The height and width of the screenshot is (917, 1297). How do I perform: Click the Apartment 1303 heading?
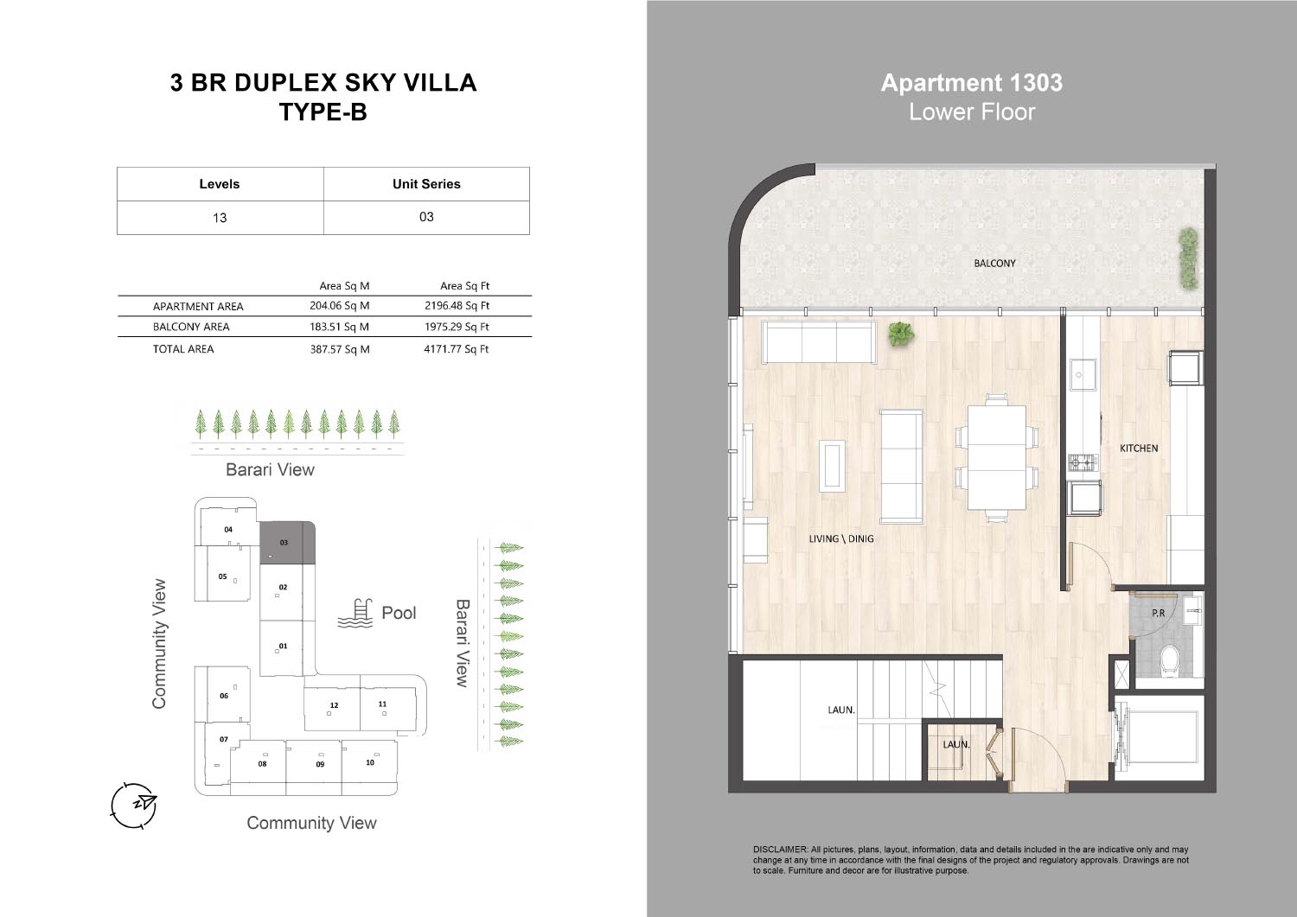[x=972, y=83]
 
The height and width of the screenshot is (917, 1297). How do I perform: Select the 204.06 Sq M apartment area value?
[x=339, y=306]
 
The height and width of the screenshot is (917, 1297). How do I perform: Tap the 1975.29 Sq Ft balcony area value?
[x=457, y=327]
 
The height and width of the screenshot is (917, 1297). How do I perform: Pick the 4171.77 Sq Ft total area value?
[x=457, y=349]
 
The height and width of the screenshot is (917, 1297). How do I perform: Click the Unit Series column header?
[x=426, y=184]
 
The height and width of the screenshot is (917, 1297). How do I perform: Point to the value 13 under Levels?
[x=220, y=218]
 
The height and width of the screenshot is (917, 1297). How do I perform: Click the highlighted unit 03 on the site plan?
[x=287, y=543]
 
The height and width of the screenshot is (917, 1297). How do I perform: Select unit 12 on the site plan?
[x=332, y=709]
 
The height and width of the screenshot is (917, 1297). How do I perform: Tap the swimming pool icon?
[x=355, y=614]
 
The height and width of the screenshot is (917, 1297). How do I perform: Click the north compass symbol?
[x=134, y=806]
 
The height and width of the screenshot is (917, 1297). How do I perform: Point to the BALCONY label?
[x=994, y=264]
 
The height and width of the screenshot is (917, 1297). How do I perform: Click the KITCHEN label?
[x=1139, y=448]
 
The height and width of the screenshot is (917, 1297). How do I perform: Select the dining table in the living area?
[x=996, y=458]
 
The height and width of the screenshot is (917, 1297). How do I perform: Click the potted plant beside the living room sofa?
[x=901, y=334]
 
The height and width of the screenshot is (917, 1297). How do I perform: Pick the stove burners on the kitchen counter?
[x=1083, y=462]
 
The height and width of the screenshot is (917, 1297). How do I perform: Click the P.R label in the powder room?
[x=1159, y=613]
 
